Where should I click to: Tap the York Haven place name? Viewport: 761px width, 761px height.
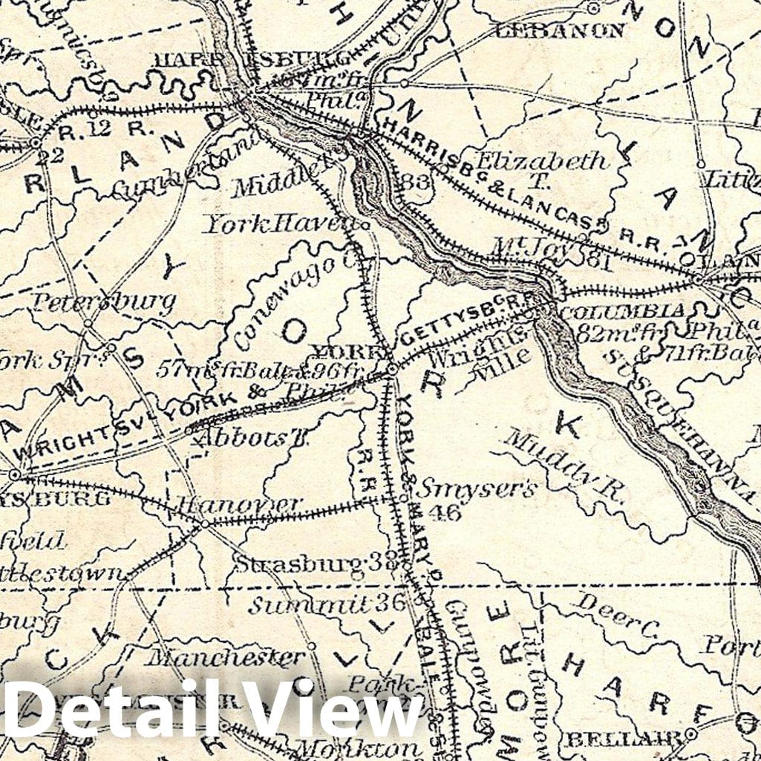click(x=282, y=221)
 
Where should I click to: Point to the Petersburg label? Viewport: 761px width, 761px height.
click(x=103, y=301)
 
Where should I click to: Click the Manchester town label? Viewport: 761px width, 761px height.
click(x=225, y=657)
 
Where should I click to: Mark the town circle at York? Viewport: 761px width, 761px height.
click(x=391, y=367)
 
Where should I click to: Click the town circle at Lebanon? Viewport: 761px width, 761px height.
click(x=592, y=9)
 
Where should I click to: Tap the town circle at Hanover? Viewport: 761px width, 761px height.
click(x=205, y=523)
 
